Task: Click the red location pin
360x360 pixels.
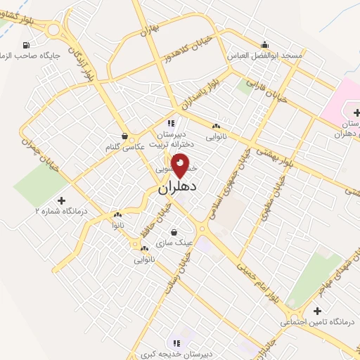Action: [x=181, y=165]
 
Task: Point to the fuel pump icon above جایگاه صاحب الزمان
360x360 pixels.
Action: [x=7, y=45]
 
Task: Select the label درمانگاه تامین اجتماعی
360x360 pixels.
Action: [x=316, y=322]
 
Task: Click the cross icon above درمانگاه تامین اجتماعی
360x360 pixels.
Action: [x=318, y=311]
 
